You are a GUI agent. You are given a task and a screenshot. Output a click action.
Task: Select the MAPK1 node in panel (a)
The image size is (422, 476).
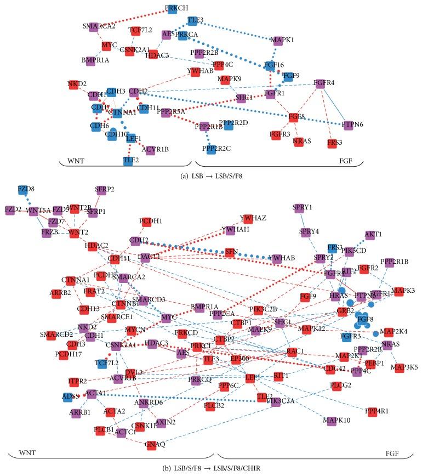(x=283, y=40)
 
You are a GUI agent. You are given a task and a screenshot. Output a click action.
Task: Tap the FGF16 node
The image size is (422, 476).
(x=270, y=66)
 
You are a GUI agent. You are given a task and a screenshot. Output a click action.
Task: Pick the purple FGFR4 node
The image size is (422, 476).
(x=321, y=83)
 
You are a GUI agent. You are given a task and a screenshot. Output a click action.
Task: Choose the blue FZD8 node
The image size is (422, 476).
(x=22, y=189)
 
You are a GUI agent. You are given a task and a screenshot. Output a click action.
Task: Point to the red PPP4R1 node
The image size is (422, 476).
(x=373, y=411)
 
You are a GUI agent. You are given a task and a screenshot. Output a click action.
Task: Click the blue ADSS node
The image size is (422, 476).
(x=68, y=396)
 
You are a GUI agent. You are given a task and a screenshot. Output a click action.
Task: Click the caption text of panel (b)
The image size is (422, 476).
(x=210, y=468)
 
